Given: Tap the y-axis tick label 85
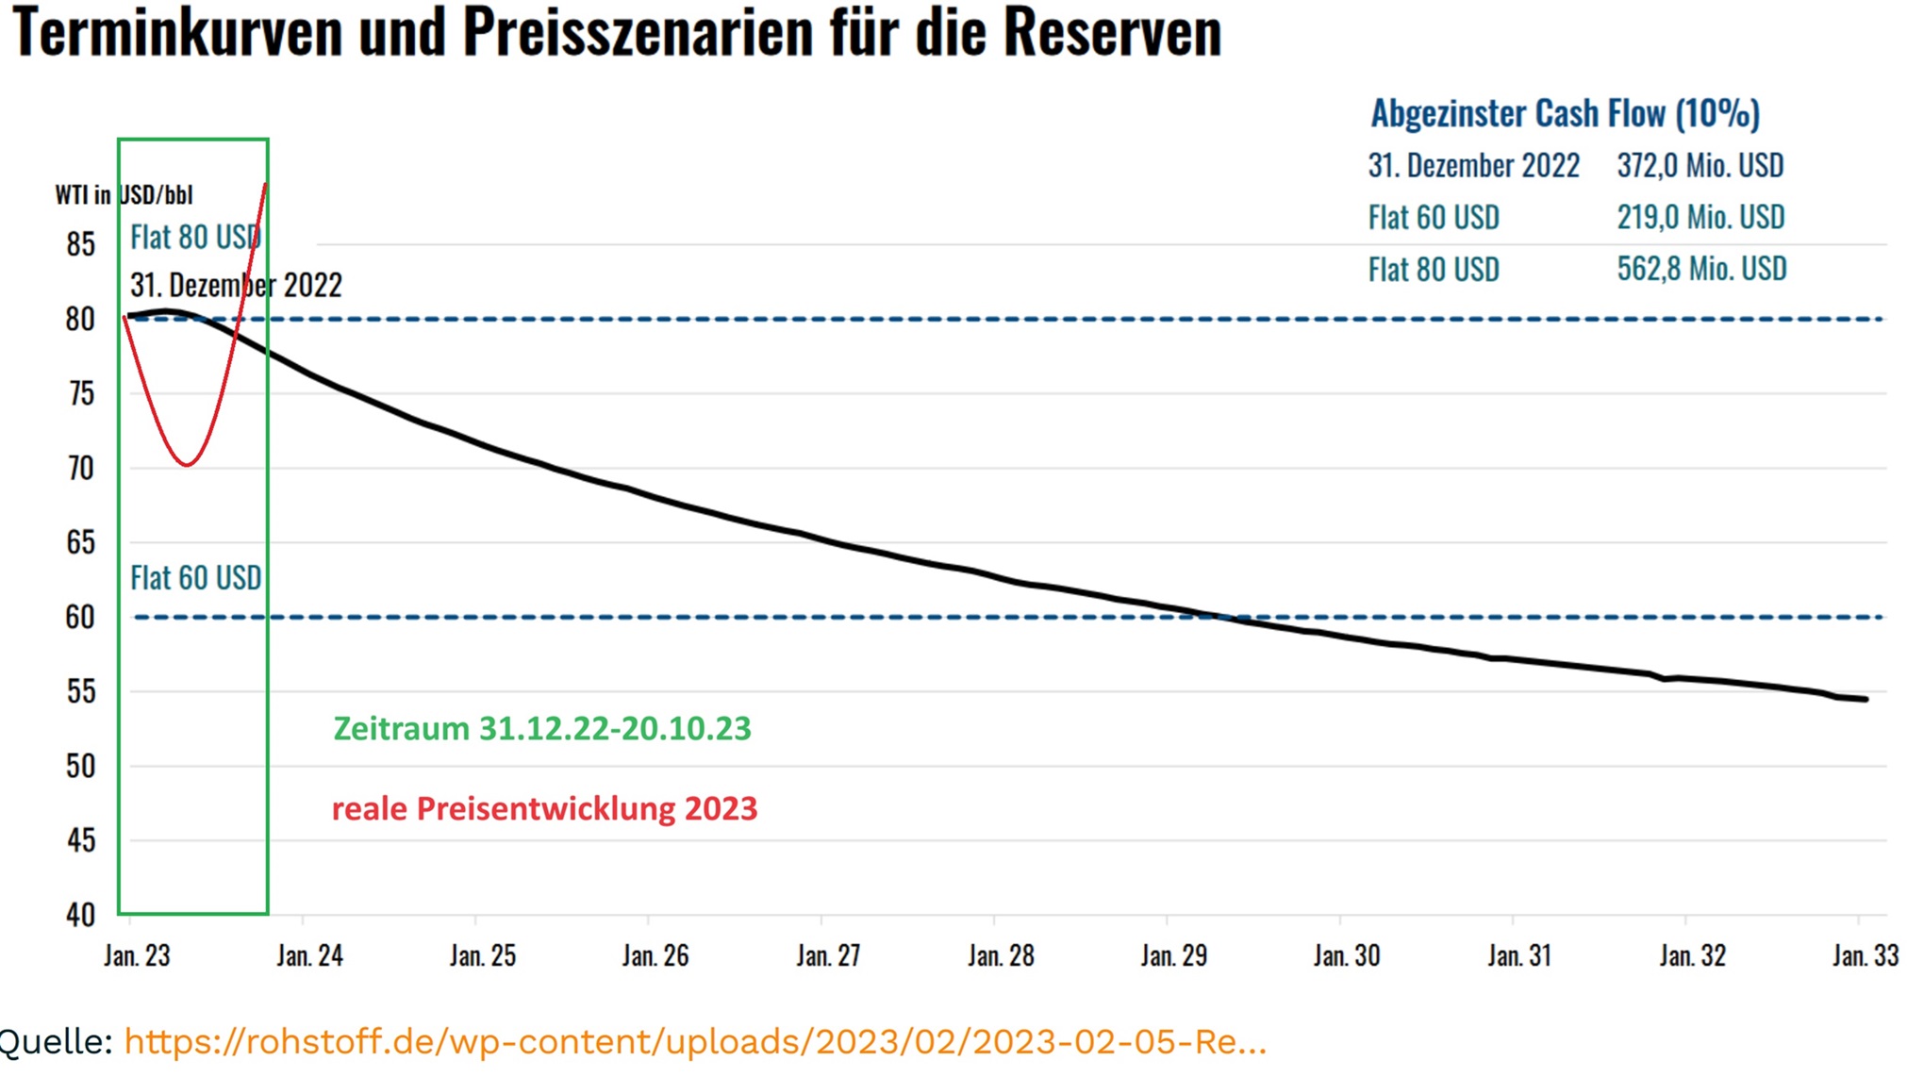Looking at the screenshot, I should tap(81, 245).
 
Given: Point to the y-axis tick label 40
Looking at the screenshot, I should tap(81, 915).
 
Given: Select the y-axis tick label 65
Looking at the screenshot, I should tap(81, 542).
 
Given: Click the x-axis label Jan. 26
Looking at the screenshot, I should tap(655, 956).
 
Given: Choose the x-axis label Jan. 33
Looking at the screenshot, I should tap(1865, 956).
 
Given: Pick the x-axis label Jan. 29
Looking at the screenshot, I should tap(1173, 956).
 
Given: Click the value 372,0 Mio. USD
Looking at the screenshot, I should tap(1700, 166).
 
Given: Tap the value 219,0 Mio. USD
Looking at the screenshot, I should tap(1700, 217).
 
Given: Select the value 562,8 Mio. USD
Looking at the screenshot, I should tap(1700, 269).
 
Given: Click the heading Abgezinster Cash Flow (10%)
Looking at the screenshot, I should tap(1565, 114).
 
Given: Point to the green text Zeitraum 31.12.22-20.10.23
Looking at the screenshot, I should tap(542, 729).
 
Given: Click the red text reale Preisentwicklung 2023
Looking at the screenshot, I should tap(544, 809).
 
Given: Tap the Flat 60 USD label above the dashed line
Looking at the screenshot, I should tap(195, 578).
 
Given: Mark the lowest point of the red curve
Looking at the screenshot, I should tap(188, 464).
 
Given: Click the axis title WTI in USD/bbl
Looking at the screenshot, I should tap(124, 195).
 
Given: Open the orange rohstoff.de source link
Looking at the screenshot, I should tap(695, 1042).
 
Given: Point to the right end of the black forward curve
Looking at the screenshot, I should tap(1866, 699).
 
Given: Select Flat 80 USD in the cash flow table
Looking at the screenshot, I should tap(1433, 270).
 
